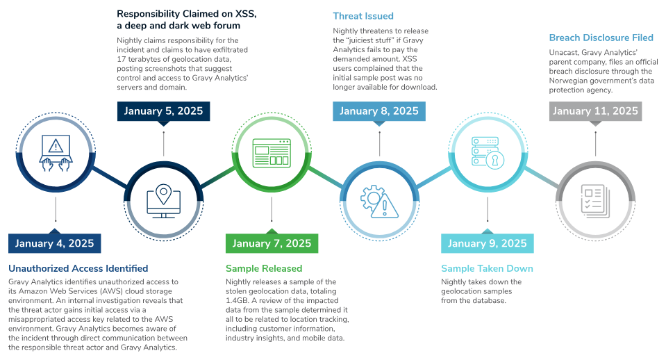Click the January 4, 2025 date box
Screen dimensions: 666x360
55,243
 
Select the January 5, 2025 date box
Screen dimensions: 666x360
163,111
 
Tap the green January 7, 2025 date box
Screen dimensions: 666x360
272,243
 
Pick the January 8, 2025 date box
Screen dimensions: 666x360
379,111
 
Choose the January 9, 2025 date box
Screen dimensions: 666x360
487,243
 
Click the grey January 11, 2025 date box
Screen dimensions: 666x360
595,111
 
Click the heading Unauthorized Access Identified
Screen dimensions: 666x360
78,268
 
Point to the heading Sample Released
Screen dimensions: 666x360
264,268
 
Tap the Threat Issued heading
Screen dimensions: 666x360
363,15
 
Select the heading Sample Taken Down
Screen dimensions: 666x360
488,268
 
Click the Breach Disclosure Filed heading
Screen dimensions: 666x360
601,38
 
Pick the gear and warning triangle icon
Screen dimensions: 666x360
379,200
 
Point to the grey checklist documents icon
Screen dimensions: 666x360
595,200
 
